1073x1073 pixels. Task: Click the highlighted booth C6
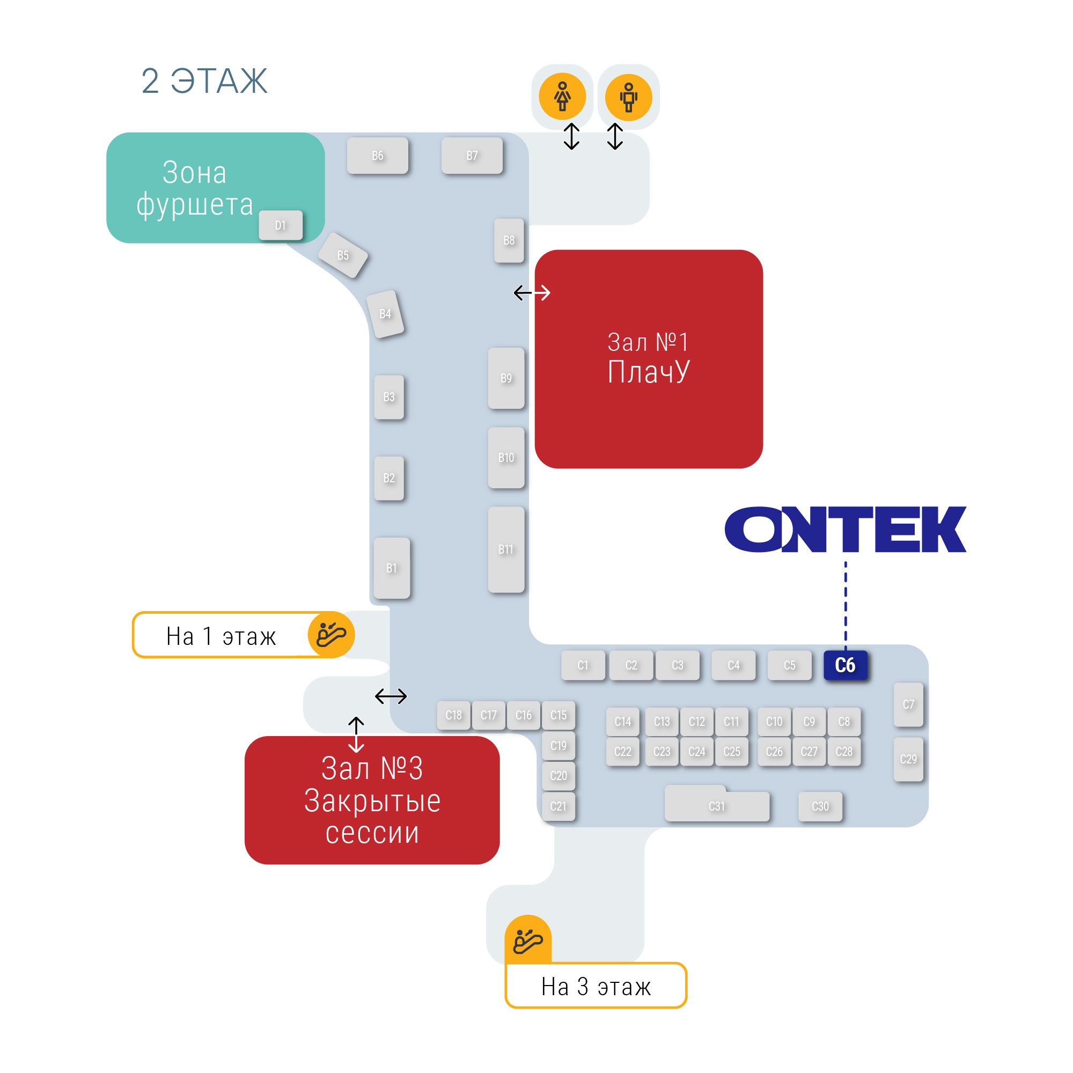point(845,665)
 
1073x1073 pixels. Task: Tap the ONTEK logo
point(845,530)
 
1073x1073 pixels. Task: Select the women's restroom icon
point(562,97)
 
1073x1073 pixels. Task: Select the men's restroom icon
point(628,97)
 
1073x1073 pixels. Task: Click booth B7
point(472,156)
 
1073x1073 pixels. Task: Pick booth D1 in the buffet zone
point(281,225)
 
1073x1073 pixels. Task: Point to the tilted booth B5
point(343,255)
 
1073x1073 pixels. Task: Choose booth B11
point(505,549)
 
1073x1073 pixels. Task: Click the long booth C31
point(716,806)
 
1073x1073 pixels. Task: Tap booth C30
point(820,806)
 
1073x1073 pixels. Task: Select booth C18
point(453,715)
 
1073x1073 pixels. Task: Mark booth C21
point(558,806)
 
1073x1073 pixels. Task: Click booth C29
point(908,759)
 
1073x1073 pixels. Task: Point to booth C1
point(583,665)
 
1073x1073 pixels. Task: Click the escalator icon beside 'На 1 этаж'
point(331,634)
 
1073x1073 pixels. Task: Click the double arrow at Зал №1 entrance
point(532,293)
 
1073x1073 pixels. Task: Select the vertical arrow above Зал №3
point(356,734)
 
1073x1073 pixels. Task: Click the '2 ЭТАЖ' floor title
point(204,81)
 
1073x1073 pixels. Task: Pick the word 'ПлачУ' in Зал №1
point(648,372)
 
